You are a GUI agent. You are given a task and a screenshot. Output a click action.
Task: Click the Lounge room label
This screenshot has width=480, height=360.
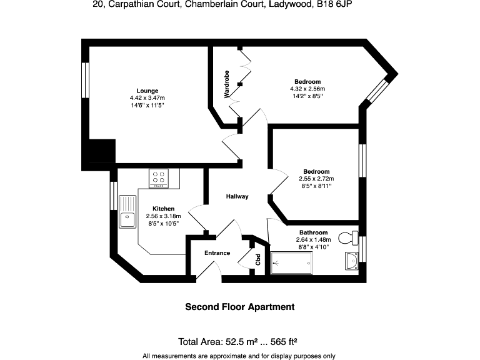[147, 91]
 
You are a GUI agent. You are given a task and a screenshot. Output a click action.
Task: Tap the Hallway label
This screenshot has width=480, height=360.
[237, 196]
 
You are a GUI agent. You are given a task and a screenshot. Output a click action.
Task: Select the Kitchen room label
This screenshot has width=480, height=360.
[163, 209]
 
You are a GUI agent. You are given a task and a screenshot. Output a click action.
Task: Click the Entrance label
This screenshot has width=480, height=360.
[217, 253]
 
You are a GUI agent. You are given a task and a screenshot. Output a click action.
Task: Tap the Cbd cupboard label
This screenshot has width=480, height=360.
[257, 259]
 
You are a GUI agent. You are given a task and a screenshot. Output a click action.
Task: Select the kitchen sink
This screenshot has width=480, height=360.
[127, 211]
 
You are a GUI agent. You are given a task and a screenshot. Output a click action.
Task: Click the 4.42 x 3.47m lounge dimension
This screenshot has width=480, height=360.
[147, 98]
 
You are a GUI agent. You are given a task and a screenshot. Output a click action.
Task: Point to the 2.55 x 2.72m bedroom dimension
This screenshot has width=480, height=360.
[316, 179]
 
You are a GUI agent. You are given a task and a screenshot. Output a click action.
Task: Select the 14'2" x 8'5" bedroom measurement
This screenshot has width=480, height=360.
[307, 96]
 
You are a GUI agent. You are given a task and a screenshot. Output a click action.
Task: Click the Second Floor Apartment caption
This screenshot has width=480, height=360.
[239, 307]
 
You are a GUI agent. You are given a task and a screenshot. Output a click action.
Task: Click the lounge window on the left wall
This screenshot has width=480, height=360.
[86, 79]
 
